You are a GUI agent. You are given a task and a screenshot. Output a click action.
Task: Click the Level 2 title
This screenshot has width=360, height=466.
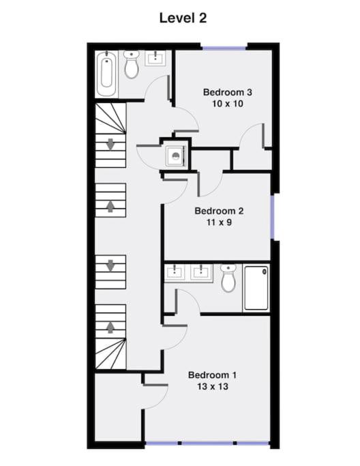click(x=183, y=18)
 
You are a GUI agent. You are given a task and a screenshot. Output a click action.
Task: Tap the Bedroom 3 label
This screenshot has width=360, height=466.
click(x=228, y=92)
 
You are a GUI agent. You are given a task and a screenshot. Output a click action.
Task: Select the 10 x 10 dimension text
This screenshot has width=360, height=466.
click(x=228, y=104)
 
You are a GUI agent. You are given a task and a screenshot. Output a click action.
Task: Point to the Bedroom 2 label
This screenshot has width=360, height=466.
click(x=220, y=211)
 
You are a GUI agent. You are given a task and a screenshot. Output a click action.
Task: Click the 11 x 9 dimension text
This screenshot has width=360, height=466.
click(x=220, y=222)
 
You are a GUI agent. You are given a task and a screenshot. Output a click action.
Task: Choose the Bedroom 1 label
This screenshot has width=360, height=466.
click(x=212, y=375)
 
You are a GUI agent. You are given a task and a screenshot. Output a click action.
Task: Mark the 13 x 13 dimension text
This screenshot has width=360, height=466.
click(x=213, y=386)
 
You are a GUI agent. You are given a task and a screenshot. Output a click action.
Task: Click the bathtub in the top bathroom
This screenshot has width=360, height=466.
click(x=106, y=74)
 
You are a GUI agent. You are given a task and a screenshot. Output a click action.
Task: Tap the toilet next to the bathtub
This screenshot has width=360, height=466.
click(x=132, y=64)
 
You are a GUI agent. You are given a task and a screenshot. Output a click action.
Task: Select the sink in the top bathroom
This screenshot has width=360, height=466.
click(x=155, y=58)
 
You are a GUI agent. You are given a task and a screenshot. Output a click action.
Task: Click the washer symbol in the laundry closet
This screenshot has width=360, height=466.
click(x=176, y=156)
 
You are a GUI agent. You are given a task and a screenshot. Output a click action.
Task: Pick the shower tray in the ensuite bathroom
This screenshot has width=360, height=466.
click(x=256, y=288)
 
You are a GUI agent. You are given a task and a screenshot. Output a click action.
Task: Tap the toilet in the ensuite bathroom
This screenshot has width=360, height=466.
click(x=228, y=278)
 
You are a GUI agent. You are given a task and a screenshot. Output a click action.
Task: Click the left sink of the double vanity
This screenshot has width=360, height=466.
click(x=175, y=272)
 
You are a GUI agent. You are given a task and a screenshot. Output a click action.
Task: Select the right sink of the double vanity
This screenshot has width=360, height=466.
click(x=201, y=272)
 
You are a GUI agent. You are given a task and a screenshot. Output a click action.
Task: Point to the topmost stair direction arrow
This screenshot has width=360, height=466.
click(x=110, y=144)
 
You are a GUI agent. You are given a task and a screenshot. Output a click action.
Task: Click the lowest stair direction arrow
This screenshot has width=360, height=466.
click(x=110, y=327)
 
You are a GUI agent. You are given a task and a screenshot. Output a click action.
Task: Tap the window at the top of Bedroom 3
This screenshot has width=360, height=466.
click(x=224, y=48)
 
